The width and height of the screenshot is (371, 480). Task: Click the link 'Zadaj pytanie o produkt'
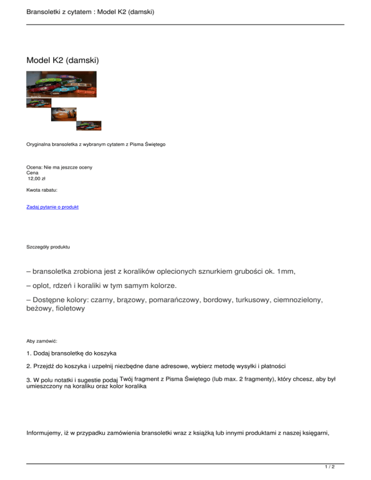[x=52, y=207]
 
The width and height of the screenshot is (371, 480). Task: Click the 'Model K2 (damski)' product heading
[x=63, y=60]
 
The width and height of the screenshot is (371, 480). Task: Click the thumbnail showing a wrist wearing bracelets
[x=64, y=114]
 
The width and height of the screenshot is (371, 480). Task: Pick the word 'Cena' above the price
[x=32, y=172]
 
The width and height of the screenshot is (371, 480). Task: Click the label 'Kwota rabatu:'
[x=42, y=190]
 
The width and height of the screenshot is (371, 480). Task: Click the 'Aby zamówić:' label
[x=42, y=341]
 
